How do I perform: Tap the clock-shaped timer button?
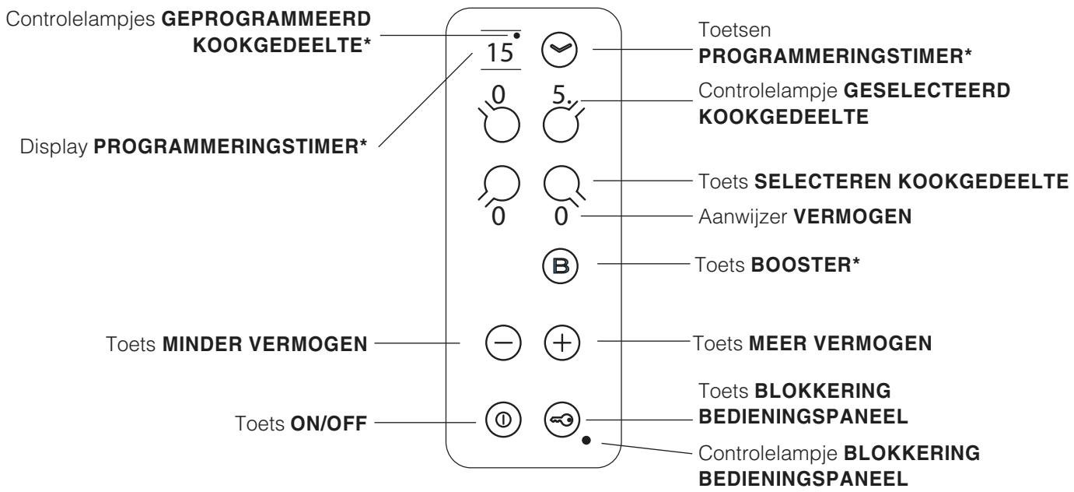tap(559, 50)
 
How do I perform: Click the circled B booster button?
tap(560, 265)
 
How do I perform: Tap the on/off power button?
tap(503, 420)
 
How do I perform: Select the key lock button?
tap(562, 420)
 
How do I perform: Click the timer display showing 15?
tap(500, 52)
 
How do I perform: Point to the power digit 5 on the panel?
tap(559, 94)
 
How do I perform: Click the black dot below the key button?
tap(586, 440)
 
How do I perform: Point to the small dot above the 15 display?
tap(516, 36)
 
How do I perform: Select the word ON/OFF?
tap(329, 423)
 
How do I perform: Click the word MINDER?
tap(202, 344)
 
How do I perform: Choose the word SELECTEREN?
tap(823, 181)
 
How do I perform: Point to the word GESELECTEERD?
tap(927, 91)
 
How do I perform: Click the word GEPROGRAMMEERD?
tap(266, 19)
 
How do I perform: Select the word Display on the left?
tap(54, 147)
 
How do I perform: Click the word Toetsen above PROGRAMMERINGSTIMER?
tap(735, 30)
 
